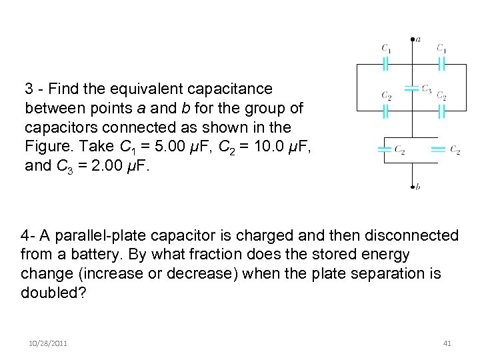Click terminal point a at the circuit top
(x=412, y=38)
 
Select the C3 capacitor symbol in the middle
(x=412, y=88)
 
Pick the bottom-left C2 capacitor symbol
(x=383, y=150)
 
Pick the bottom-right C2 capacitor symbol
(x=438, y=150)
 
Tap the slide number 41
(x=447, y=343)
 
